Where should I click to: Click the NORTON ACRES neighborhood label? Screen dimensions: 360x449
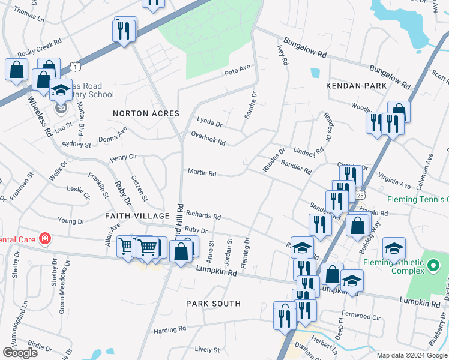tap(146, 113)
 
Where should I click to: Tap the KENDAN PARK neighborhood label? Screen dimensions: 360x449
tap(356, 86)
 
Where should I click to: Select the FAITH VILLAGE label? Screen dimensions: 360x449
tap(137, 215)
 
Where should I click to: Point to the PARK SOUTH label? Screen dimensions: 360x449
tap(213, 304)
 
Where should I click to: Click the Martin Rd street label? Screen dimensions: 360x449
tap(202, 173)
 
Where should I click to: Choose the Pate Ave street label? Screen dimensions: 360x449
tap(237, 71)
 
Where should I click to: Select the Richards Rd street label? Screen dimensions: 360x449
tap(203, 215)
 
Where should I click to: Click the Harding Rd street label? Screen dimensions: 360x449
tap(169, 329)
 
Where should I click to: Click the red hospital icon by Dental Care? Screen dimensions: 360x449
tap(44, 239)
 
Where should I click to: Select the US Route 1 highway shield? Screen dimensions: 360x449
tap(74, 65)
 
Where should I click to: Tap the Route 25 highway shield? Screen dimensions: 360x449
tap(360, 195)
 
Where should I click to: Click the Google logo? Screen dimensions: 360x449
tap(20, 353)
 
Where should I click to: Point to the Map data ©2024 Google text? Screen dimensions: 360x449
tap(411, 355)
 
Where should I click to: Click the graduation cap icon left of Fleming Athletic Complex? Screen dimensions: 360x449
tap(394, 248)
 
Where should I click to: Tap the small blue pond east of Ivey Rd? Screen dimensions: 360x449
tap(315, 73)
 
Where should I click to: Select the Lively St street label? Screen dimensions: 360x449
tap(207, 349)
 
